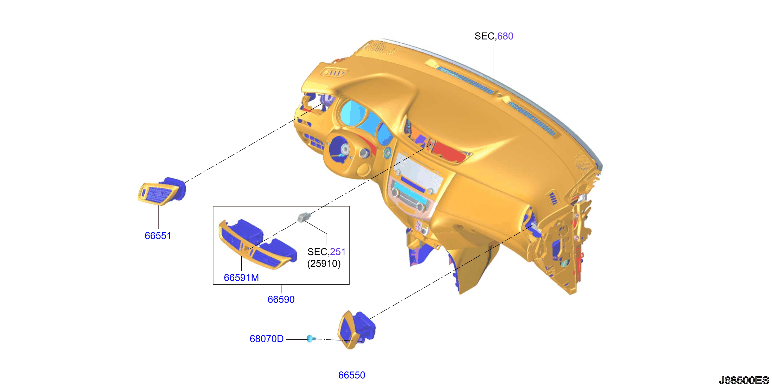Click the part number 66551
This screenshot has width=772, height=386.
coord(158,236)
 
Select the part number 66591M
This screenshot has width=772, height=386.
coord(241,278)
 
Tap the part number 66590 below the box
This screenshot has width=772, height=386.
coord(281,299)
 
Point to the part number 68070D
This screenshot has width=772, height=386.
coord(266,339)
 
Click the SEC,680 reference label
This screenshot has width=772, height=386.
coord(494,36)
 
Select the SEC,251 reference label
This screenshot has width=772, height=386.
coord(326,252)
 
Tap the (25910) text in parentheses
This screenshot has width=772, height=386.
coord(324,264)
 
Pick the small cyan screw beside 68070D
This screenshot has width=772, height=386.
coord(311,339)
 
